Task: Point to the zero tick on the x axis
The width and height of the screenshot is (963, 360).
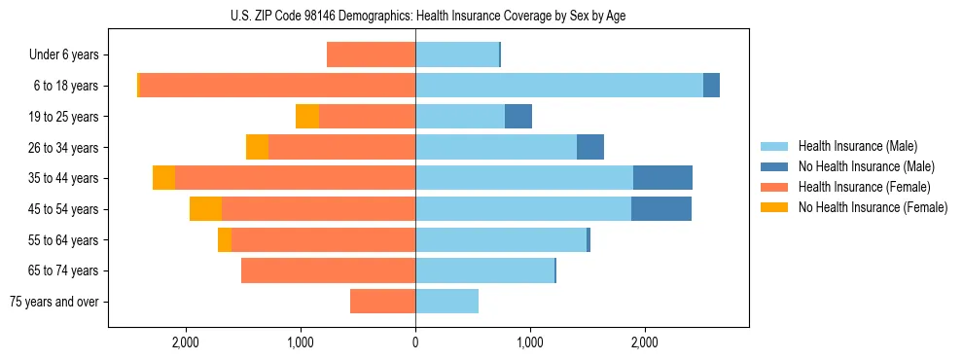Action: pyautogui.click(x=415, y=342)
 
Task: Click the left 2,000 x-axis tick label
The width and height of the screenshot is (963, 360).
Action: pyautogui.click(x=185, y=342)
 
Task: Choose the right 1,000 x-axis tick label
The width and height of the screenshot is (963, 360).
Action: pyautogui.click(x=530, y=342)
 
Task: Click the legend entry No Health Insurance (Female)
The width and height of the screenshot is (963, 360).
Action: pyautogui.click(x=873, y=207)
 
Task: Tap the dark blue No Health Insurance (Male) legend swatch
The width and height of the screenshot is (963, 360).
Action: pyautogui.click(x=775, y=166)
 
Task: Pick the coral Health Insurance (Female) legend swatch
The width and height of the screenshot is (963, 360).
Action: pyautogui.click(x=775, y=187)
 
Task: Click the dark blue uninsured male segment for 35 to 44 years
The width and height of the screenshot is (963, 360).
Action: pyautogui.click(x=662, y=178)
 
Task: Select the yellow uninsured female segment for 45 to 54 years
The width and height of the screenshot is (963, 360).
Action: pyautogui.click(x=205, y=209)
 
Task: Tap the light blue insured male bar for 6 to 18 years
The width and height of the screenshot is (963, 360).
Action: pyautogui.click(x=559, y=86)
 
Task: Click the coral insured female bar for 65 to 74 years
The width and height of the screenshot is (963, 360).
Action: pyautogui.click(x=328, y=270)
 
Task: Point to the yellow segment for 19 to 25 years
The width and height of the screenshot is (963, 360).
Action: pyautogui.click(x=307, y=117)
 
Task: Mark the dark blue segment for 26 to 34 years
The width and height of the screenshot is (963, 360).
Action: pyautogui.click(x=590, y=147)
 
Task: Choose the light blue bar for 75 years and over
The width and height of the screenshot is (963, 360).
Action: pyautogui.click(x=446, y=302)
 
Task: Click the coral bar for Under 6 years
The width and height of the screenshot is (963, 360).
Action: pyautogui.click(x=371, y=54)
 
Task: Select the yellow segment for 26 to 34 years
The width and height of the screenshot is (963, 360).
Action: pyautogui.click(x=257, y=147)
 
